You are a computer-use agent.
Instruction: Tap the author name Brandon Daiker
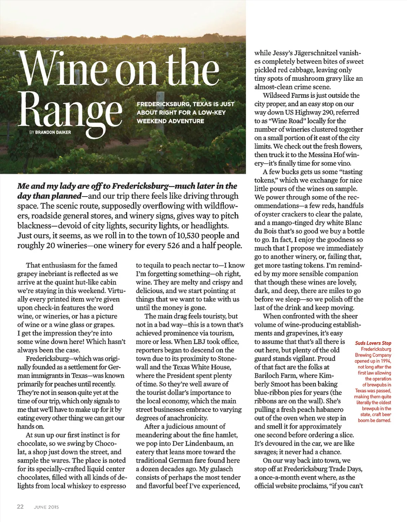(53, 132)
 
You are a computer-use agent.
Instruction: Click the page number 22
(20, 506)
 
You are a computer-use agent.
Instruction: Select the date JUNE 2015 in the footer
(46, 507)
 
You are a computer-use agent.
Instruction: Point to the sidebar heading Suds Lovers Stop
(373, 343)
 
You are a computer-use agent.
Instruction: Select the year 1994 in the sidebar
(384, 361)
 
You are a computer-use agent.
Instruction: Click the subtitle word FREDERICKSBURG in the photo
(163, 104)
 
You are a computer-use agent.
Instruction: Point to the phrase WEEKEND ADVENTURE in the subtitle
(171, 121)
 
